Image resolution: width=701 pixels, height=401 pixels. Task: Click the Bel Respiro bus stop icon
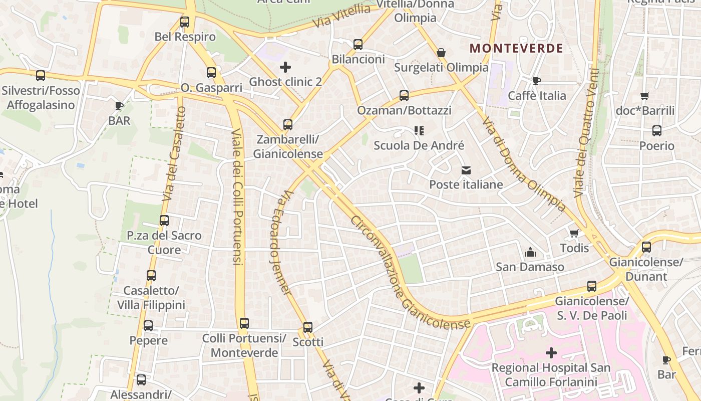tap(185, 22)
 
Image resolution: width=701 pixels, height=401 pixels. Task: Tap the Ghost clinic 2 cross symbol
tap(285, 67)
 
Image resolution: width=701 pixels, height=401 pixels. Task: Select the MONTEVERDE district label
tap(516, 49)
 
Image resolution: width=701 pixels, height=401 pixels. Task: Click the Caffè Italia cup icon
tap(537, 81)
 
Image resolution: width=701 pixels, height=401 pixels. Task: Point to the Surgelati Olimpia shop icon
tap(441, 53)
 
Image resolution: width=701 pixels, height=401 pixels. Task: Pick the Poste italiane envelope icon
tap(466, 170)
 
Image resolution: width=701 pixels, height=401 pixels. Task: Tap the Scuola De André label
tap(419, 146)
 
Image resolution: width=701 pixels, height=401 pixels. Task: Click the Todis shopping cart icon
tap(574, 233)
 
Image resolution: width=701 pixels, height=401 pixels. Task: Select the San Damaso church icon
tap(530, 252)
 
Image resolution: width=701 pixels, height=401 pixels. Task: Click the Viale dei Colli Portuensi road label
tap(237, 197)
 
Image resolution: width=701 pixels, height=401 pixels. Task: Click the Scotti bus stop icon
tap(308, 327)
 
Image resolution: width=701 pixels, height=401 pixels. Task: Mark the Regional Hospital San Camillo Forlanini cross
tap(551, 353)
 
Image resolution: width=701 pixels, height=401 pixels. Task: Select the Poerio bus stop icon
tap(657, 131)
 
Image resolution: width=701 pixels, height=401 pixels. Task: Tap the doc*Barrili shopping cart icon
tap(645, 96)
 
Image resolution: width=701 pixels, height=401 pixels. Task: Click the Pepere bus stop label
tap(149, 341)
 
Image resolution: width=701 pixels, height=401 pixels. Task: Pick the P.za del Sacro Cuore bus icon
tap(164, 220)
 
